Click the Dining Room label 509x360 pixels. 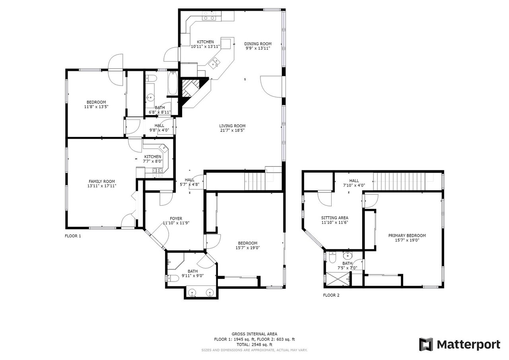[x=258, y=44]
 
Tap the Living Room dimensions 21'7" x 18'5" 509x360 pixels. [x=232, y=130]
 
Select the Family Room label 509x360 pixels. [x=101, y=181]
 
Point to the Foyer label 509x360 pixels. [x=176, y=218]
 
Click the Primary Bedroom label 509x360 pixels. [x=407, y=235]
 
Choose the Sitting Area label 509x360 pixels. [x=335, y=218]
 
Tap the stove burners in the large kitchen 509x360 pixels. [x=209, y=16]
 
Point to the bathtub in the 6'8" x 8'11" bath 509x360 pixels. [x=173, y=83]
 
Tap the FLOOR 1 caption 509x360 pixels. [x=73, y=236]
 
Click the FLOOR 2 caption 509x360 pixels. [x=331, y=295]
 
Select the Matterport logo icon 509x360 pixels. [x=426, y=344]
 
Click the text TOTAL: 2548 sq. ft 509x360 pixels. [x=254, y=344]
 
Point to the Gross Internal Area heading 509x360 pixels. [x=254, y=334]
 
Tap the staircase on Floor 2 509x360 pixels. [x=399, y=181]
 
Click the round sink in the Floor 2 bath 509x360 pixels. [x=347, y=256]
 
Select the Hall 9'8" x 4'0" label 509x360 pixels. [x=159, y=128]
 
